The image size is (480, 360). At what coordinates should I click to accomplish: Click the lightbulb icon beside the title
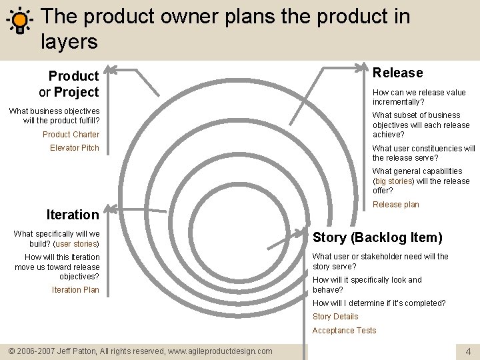(x=20, y=20)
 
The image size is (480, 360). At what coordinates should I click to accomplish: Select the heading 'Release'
(x=397, y=73)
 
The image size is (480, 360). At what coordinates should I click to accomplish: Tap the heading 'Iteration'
(x=72, y=215)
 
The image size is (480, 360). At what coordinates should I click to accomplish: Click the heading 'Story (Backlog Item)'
(x=377, y=237)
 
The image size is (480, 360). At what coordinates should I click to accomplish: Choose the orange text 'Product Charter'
(x=71, y=135)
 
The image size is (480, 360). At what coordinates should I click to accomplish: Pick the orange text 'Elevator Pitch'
(x=74, y=148)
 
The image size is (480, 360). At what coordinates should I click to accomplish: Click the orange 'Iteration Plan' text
(x=75, y=290)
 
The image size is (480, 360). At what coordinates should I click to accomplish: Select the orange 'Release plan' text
(x=396, y=205)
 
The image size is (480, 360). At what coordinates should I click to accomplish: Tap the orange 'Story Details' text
(x=335, y=317)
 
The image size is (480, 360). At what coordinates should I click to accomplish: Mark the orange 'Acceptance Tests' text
(x=344, y=331)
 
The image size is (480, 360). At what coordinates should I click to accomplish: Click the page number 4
(x=468, y=351)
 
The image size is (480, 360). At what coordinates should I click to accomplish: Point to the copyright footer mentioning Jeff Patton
(x=140, y=351)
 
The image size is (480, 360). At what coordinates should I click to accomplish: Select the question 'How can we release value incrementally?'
(x=419, y=97)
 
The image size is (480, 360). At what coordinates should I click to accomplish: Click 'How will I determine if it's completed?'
(x=379, y=303)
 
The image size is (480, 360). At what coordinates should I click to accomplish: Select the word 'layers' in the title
(x=69, y=42)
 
